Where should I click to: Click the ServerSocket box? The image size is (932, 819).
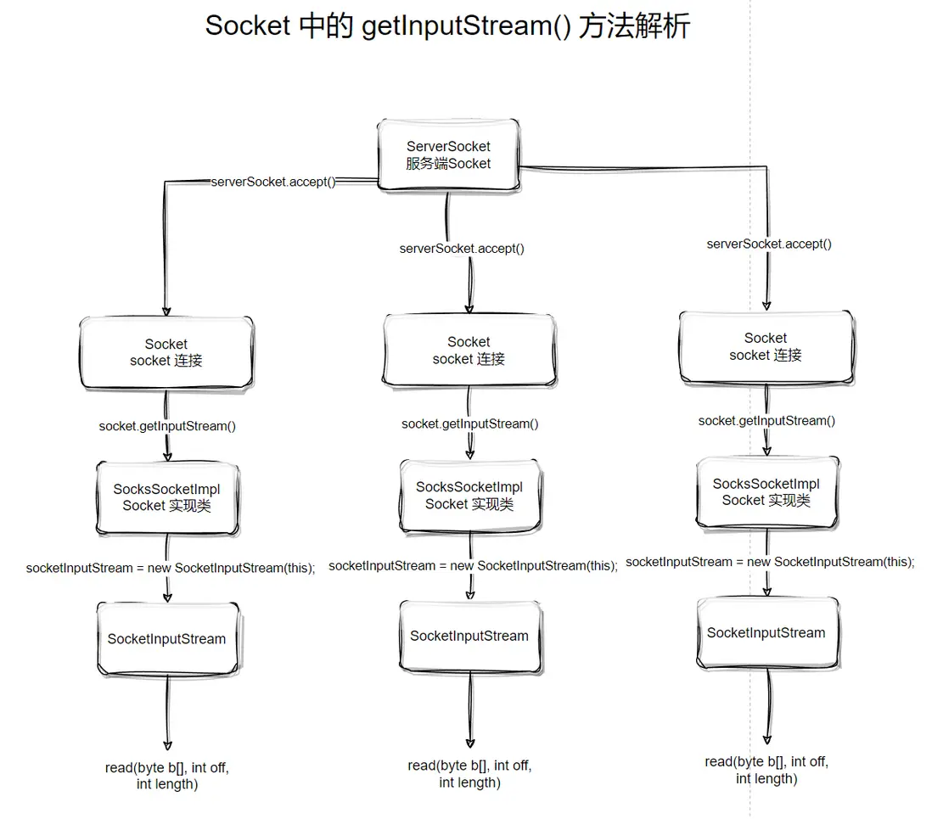448,155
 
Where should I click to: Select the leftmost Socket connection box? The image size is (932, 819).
166,352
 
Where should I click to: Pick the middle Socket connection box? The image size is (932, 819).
469,351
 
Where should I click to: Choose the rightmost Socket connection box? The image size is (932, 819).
766,346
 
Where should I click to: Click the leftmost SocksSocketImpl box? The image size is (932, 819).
166,497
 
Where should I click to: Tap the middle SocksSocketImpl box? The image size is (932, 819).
469,496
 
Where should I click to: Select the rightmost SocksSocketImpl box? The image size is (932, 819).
766,492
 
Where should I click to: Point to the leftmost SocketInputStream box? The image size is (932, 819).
166,639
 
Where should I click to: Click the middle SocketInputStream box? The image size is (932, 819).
469,636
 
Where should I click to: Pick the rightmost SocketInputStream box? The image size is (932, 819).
766,633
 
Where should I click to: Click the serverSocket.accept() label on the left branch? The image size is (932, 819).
272,182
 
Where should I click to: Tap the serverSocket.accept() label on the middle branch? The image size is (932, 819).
462,249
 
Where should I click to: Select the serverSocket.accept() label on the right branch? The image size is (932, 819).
769,244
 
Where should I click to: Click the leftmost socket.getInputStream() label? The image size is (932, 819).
167,426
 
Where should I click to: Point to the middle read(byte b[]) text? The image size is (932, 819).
469,774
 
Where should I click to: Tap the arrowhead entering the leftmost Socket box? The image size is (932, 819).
166,311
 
